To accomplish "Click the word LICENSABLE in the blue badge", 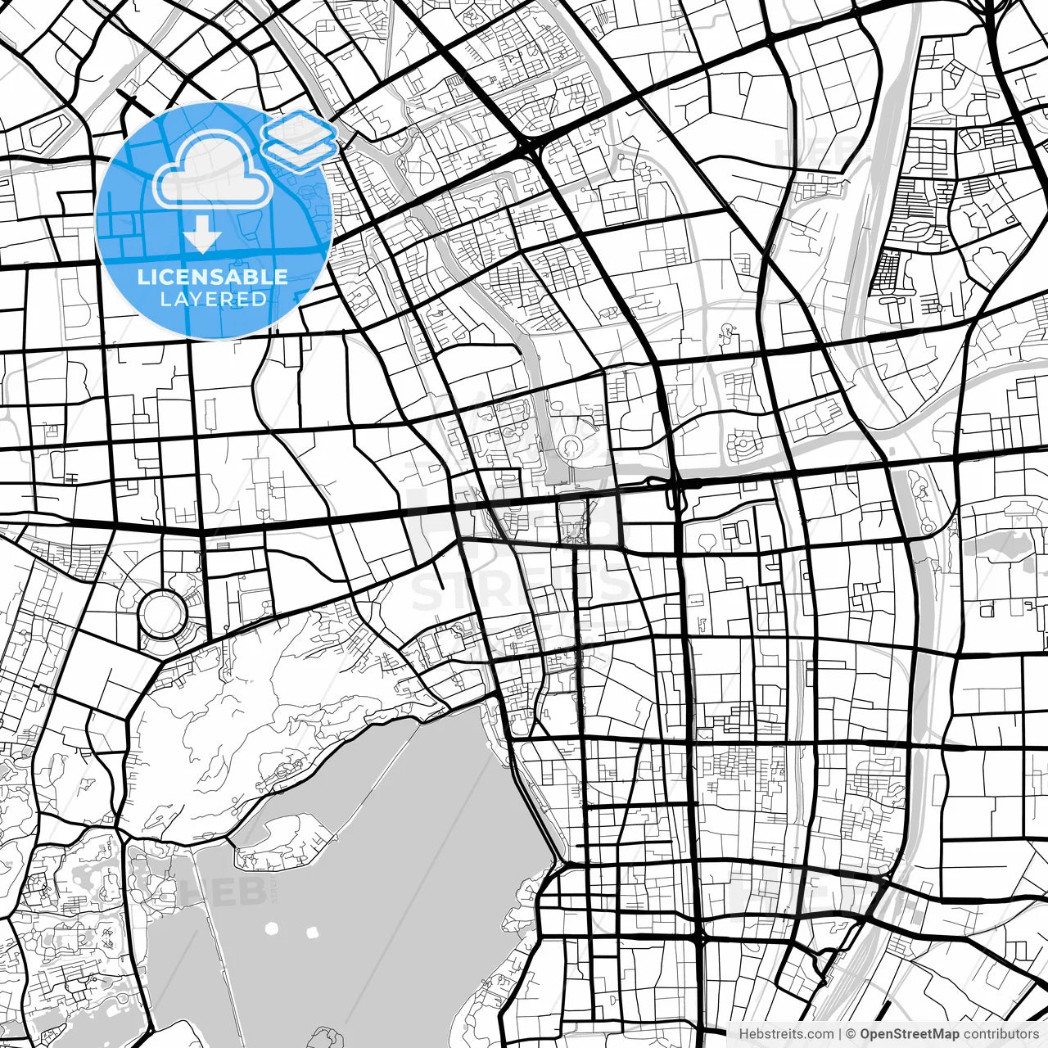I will coord(212,277).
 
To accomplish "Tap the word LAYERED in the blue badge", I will coord(213,300).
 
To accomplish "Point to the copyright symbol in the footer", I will coord(851,1034).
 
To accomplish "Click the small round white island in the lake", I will coord(272,929).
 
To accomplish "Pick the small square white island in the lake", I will coord(312,932).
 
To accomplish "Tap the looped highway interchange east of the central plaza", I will coord(676,491).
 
